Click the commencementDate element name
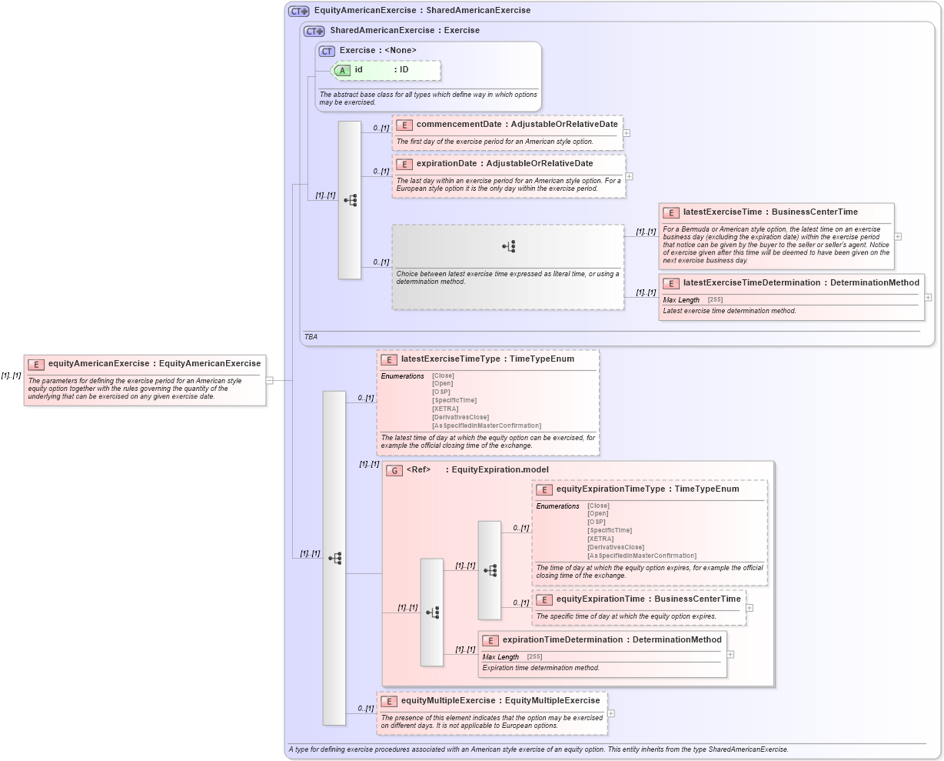click(x=459, y=124)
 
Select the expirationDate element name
click(x=446, y=163)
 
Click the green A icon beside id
click(x=342, y=70)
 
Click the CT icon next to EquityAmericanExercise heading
click(x=298, y=11)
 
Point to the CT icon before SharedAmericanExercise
click(x=314, y=31)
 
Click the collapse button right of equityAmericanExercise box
click(x=270, y=380)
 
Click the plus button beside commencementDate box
click(x=627, y=133)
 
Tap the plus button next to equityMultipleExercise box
click(x=611, y=713)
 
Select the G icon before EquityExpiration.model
click(x=394, y=470)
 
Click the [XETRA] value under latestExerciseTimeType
click(x=445, y=409)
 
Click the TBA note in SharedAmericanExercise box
click(x=311, y=337)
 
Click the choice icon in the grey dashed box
click(x=508, y=246)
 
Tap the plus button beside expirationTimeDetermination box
click(x=731, y=655)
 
